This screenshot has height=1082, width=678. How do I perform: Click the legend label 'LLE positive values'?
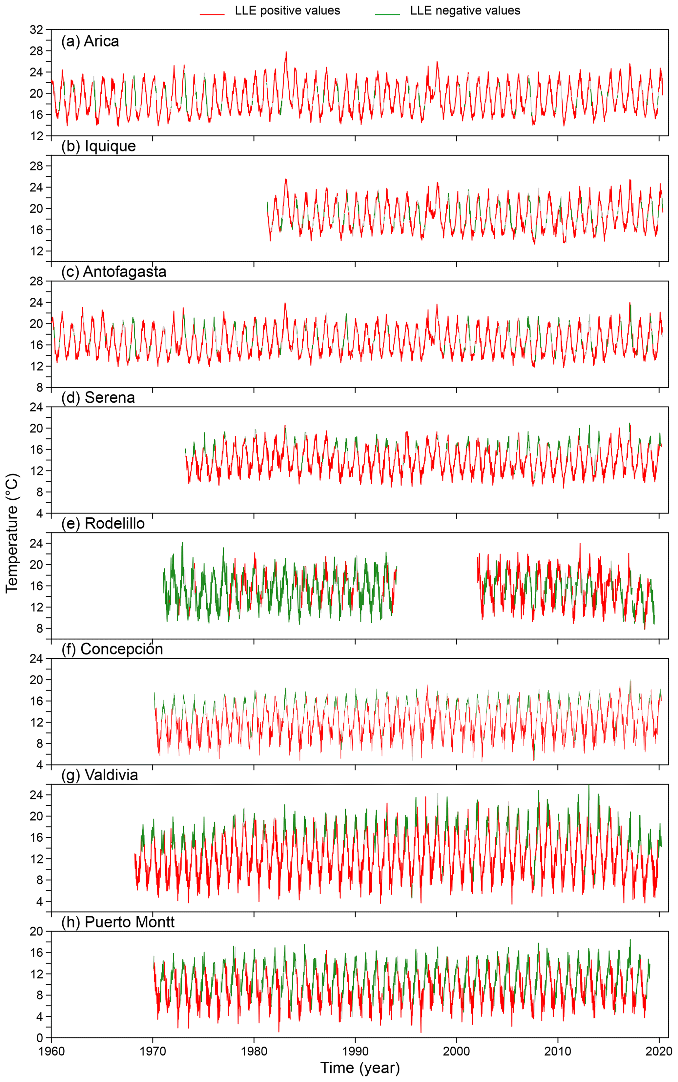point(287,11)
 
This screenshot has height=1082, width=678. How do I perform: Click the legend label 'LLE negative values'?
point(465,11)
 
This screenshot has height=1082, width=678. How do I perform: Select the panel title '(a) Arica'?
point(90,41)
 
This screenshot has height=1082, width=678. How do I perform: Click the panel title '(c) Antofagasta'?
point(113,271)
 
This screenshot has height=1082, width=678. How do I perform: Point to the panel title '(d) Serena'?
point(98,398)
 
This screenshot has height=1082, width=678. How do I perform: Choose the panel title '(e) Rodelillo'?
point(103,524)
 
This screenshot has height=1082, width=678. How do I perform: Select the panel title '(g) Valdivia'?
point(99,775)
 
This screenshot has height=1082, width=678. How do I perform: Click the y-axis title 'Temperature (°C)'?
point(12,533)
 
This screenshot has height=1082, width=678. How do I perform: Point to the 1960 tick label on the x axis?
point(51,1051)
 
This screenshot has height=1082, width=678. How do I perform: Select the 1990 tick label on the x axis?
point(355,1051)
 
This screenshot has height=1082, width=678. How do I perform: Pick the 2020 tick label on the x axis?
point(659,1051)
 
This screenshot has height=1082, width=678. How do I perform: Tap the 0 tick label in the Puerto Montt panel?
point(40,1038)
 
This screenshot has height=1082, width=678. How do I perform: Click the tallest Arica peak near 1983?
point(286,52)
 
